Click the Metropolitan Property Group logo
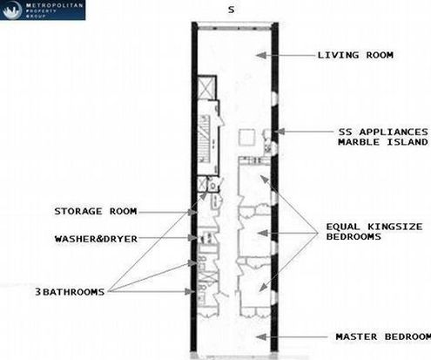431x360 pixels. pyautogui.click(x=43, y=10)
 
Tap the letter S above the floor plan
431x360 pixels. pyautogui.click(x=231, y=10)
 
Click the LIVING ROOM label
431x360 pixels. pyautogui.click(x=355, y=55)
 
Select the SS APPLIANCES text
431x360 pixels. pyautogui.click(x=383, y=132)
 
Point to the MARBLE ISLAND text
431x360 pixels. pyautogui.click(x=383, y=142)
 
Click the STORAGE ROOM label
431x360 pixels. pyautogui.click(x=96, y=211)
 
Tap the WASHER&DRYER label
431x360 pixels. pyautogui.click(x=96, y=239)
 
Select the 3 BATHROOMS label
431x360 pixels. pyautogui.click(x=70, y=292)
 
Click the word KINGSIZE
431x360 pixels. pyautogui.click(x=395, y=227)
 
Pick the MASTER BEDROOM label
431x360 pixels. pyautogui.click(x=383, y=336)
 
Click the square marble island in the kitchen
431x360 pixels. pyautogui.click(x=247, y=137)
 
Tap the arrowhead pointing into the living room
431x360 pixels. pyautogui.click(x=261, y=55)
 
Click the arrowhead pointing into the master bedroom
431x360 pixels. pyautogui.click(x=261, y=337)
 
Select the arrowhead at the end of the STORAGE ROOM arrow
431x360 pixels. pyautogui.click(x=192, y=213)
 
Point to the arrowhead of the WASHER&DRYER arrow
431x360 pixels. pyautogui.click(x=192, y=238)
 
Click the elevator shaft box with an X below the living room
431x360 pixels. pyautogui.click(x=207, y=87)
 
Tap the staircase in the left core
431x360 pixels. pyautogui.click(x=205, y=139)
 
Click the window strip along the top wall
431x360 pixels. pyautogui.click(x=234, y=28)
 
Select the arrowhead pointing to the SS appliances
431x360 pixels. pyautogui.click(x=279, y=132)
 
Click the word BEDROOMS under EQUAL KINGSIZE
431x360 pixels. pyautogui.click(x=354, y=236)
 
